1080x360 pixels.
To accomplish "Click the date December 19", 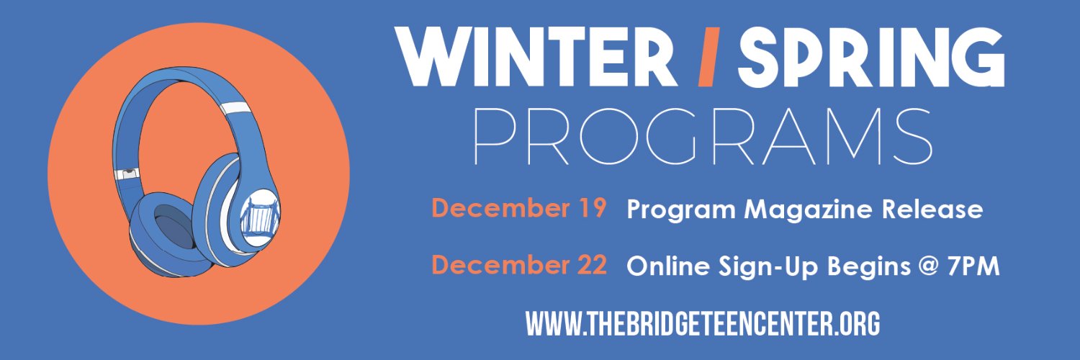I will click(519, 209).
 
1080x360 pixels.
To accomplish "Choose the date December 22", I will click(519, 266).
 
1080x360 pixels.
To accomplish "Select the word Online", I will click(669, 266).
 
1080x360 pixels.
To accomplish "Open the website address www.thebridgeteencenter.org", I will click(703, 324).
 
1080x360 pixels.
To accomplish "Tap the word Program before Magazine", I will click(680, 210).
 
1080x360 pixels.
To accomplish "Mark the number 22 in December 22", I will click(592, 266).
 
